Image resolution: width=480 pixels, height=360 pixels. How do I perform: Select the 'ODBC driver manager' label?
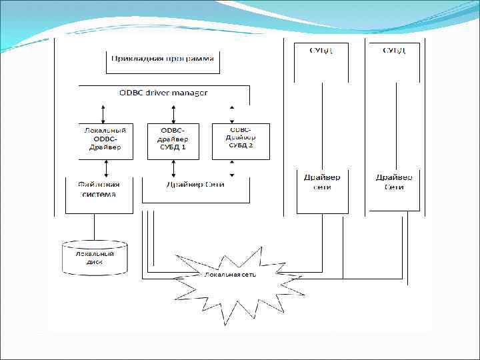click(163, 93)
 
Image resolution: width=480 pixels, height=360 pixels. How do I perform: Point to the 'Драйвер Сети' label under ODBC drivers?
click(195, 185)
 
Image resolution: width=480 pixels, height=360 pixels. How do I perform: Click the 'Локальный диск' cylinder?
click(95, 258)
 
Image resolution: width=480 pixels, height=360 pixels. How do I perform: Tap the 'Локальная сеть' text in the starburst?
click(230, 274)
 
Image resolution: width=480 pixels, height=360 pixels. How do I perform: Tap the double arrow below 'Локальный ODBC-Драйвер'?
click(103, 169)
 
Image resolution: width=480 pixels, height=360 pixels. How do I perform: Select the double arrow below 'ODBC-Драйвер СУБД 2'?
click(231, 169)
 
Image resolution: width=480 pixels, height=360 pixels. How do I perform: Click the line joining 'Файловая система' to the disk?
click(94, 228)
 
